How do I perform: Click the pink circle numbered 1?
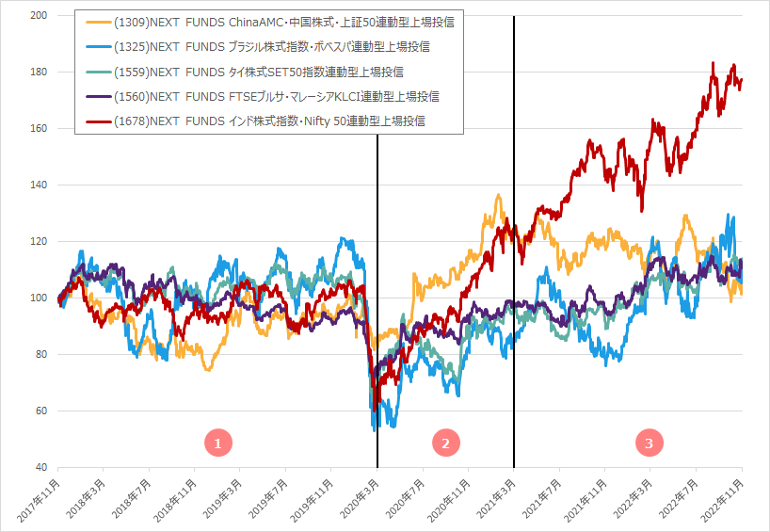pos(217,442)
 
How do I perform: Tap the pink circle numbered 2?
pos(445,442)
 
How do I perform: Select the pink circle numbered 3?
pos(649,442)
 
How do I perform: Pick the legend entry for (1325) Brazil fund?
pos(260,46)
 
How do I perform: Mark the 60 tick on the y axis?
pos(41,411)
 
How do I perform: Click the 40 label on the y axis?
pos(41,468)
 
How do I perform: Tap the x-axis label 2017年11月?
pos(38,497)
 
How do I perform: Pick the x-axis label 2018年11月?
pos(174,497)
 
